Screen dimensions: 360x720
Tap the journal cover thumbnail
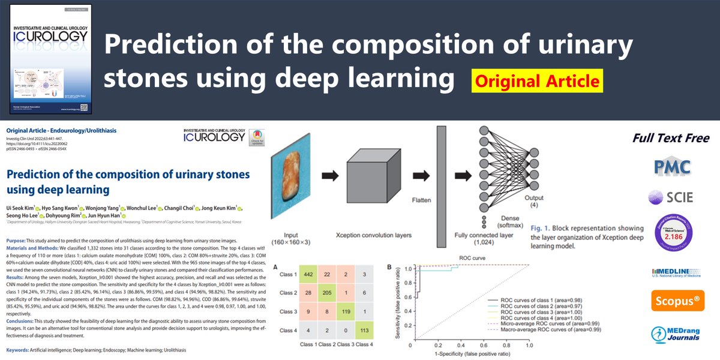pos(50,59)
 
